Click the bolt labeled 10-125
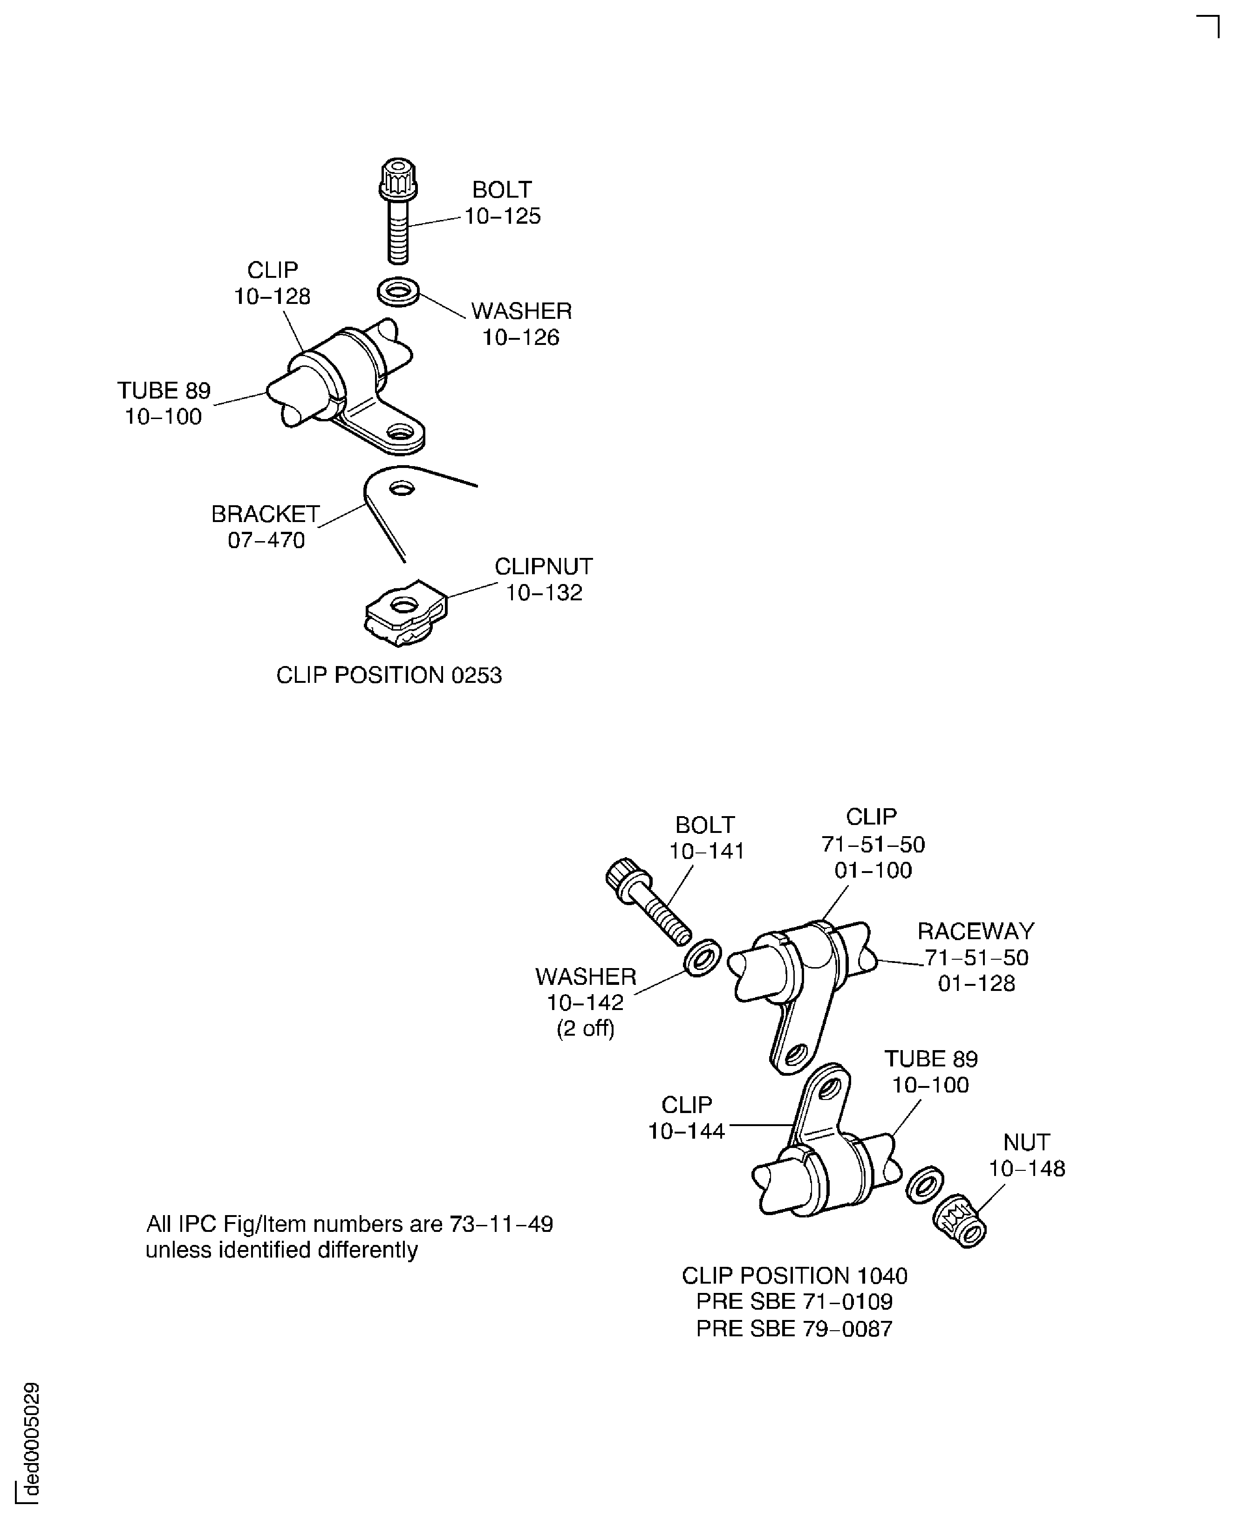(398, 212)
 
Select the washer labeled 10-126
(398, 292)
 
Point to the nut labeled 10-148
(959, 1222)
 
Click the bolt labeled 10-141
(648, 902)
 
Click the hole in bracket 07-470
(402, 488)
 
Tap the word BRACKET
(266, 514)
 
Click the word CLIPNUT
(544, 567)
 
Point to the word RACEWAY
(976, 931)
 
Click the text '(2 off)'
(586, 1029)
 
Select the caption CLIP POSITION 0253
(389, 675)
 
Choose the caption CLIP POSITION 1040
(795, 1276)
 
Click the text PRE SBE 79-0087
(794, 1328)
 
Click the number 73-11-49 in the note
(502, 1224)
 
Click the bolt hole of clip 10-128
(400, 431)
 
